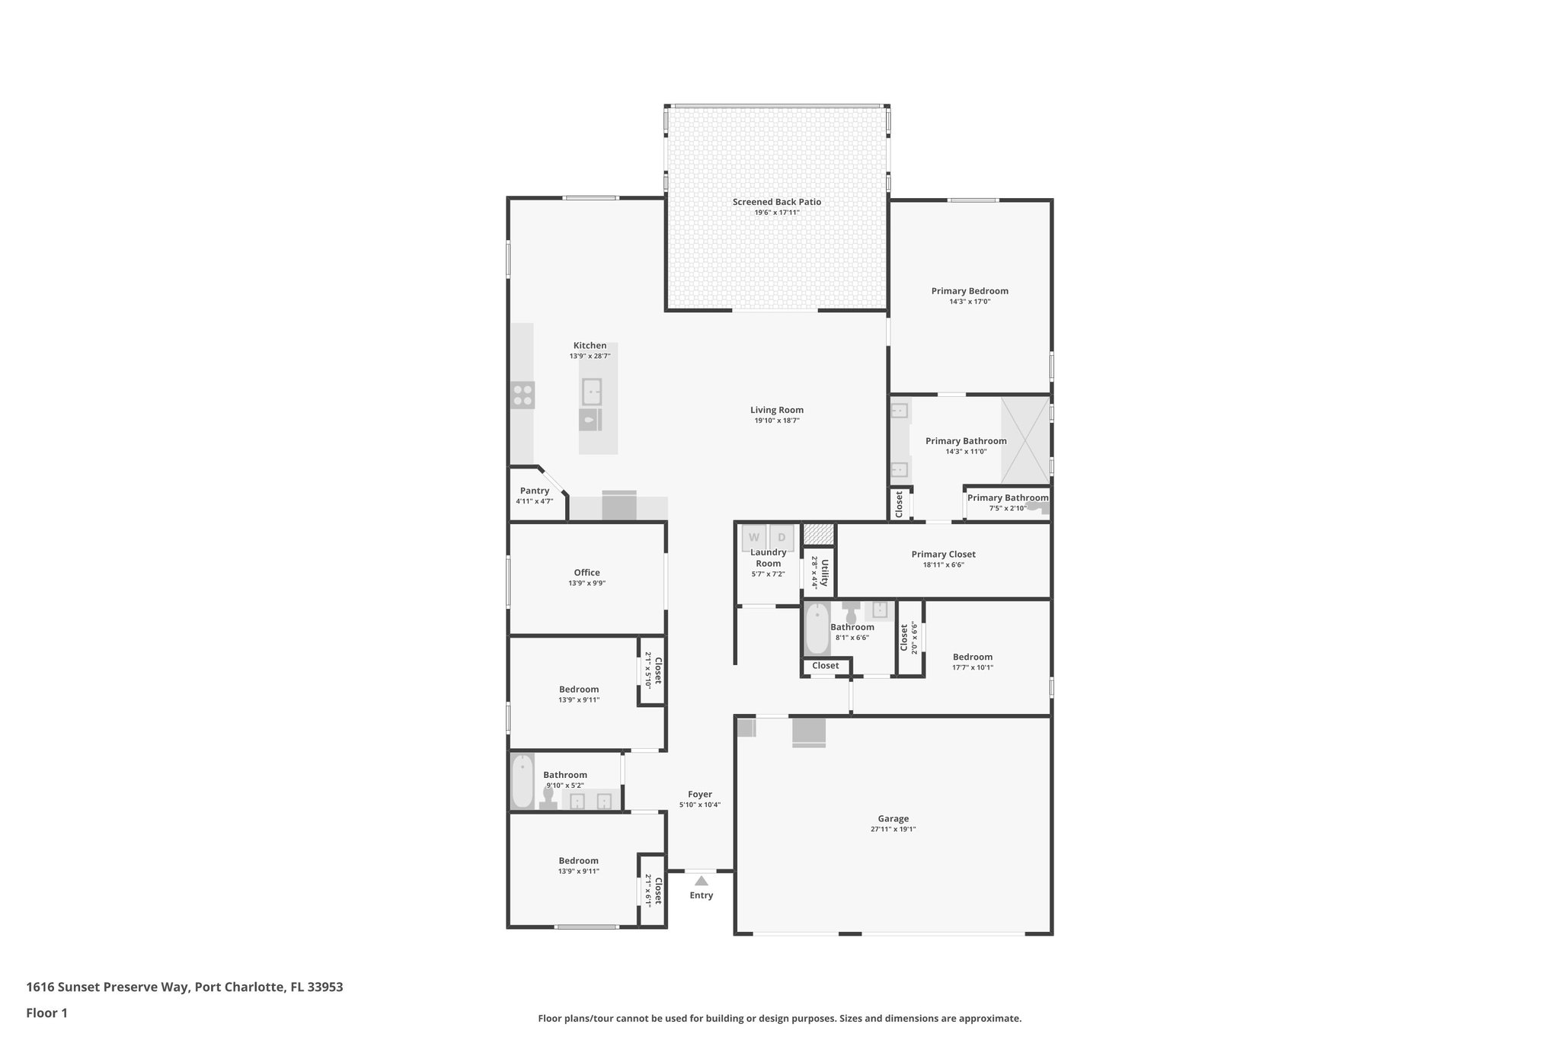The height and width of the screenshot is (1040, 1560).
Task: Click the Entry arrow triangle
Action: [702, 881]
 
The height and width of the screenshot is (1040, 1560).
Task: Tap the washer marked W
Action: [754, 536]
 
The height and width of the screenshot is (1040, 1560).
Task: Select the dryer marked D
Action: [782, 536]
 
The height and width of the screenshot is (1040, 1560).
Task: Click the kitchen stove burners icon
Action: [523, 395]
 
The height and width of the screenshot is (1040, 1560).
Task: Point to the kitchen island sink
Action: [592, 392]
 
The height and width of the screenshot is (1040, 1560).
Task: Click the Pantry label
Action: [535, 491]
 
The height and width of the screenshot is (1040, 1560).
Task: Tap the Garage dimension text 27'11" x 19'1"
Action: [893, 829]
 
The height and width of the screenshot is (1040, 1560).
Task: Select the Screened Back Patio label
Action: [777, 202]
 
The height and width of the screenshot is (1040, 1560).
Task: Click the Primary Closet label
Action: [943, 554]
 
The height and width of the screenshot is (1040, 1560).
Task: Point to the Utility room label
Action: [825, 571]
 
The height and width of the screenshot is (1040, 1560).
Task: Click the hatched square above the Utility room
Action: [819, 533]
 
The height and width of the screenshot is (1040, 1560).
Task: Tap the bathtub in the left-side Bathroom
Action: [523, 781]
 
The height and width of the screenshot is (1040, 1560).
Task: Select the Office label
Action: [587, 572]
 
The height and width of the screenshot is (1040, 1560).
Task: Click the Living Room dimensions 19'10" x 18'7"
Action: [777, 421]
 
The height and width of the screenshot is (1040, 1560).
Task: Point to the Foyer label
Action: [700, 794]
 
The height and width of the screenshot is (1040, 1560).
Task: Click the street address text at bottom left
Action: [184, 987]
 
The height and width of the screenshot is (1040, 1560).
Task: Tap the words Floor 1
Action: [47, 1013]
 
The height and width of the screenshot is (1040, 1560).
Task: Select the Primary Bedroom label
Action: [970, 290]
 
